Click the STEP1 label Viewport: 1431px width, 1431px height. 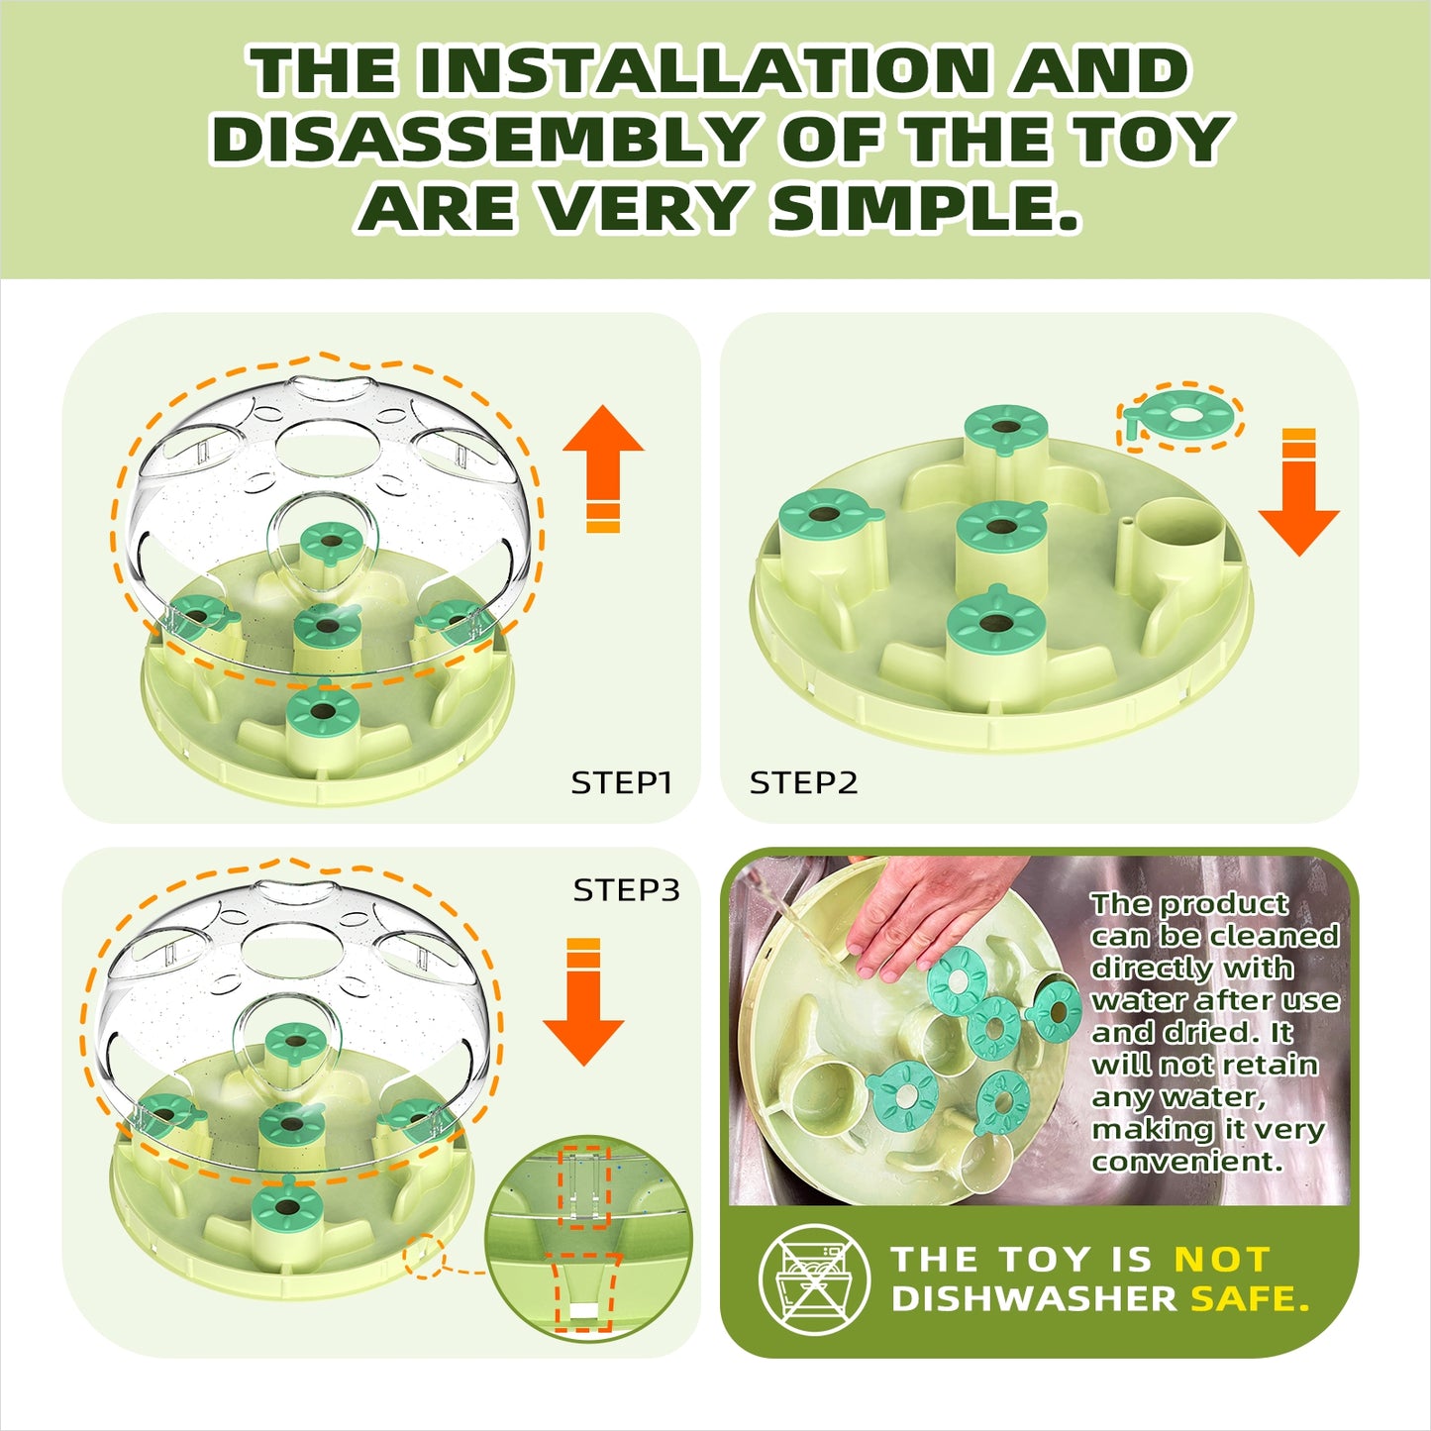[x=622, y=782]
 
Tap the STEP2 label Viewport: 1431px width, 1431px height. [x=803, y=782]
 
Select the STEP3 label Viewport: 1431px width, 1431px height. [x=626, y=889]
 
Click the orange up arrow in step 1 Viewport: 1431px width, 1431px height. [x=603, y=468]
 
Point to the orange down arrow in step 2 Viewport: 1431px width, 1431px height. [x=1299, y=491]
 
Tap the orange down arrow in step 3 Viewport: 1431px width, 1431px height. [x=583, y=1002]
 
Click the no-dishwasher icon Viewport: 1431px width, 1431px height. [x=813, y=1278]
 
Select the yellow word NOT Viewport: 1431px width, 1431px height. [x=1222, y=1260]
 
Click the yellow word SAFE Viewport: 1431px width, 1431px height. [x=1250, y=1299]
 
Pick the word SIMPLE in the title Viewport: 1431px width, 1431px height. [x=925, y=209]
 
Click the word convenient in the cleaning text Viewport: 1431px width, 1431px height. [x=1186, y=1161]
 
